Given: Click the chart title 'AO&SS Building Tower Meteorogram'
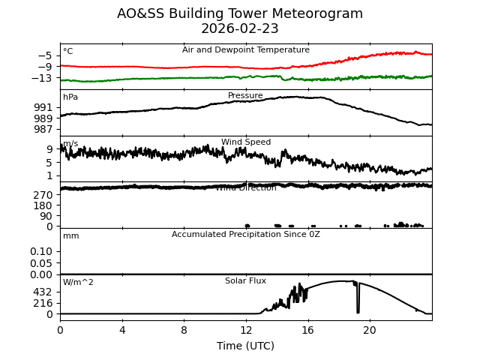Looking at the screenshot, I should (x=240, y=13).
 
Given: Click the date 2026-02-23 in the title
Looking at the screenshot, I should (x=240, y=28).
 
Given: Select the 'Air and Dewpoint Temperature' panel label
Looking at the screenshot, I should (x=246, y=50).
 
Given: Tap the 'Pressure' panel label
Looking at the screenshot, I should (x=245, y=96).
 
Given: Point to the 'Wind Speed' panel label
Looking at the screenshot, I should (x=246, y=142).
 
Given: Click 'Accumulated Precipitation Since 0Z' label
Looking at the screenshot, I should (x=246, y=235).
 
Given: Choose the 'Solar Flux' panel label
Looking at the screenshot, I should (x=245, y=281).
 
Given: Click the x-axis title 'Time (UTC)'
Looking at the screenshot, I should (x=246, y=346).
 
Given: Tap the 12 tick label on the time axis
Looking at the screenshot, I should (x=246, y=330).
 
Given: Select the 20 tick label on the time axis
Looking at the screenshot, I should (x=370, y=330).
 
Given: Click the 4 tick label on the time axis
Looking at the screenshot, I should (x=122, y=330).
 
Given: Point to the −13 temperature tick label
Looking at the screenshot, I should (x=43, y=78).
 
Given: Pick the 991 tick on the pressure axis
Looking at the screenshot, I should (x=43, y=107).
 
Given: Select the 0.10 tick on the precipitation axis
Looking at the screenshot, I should (x=42, y=251).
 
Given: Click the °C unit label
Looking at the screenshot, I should (x=68, y=52).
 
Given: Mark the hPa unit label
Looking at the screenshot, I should (x=70, y=97).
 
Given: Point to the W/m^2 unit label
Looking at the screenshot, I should (x=78, y=283).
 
